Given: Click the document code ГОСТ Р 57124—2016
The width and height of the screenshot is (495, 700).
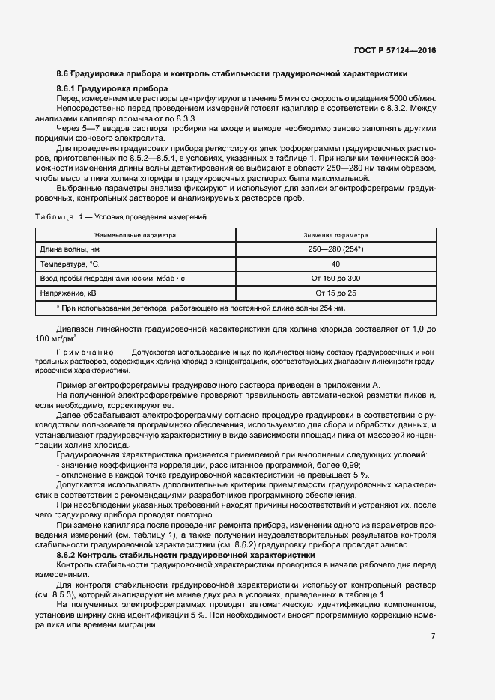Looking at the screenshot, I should coord(395,50).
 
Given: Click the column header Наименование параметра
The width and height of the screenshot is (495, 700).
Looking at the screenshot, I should coord(135,234).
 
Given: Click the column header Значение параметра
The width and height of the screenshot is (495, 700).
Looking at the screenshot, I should coord(335,234).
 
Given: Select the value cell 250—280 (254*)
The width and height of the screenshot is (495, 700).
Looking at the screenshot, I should coord(335,249).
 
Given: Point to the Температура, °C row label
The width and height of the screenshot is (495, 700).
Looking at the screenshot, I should coord(74,264).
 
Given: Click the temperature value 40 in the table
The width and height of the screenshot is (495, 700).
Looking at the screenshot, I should coord(335,264).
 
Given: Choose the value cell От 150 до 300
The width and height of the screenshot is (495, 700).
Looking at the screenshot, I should coord(335,278).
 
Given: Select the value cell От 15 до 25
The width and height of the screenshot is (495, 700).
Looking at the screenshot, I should coord(335,293).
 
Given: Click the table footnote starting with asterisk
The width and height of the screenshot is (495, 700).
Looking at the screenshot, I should coord(201,308).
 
